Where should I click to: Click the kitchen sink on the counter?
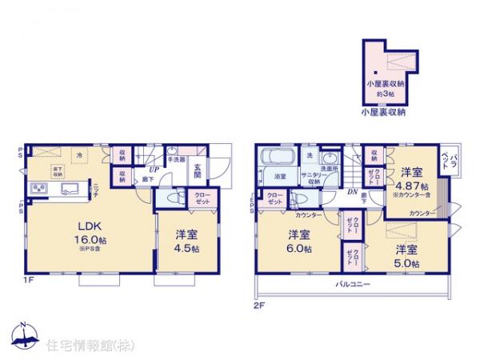coord(69,189)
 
